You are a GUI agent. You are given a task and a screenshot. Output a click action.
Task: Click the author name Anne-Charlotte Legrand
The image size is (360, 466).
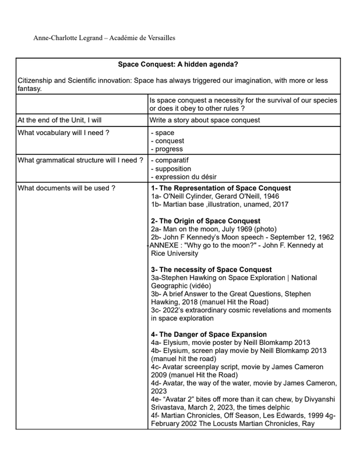(70, 38)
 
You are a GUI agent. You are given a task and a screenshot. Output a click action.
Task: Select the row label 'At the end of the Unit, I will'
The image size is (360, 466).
(60, 121)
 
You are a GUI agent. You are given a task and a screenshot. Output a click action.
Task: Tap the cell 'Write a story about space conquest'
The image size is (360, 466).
(205, 121)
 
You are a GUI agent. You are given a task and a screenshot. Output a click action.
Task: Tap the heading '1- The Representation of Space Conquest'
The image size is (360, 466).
(221, 188)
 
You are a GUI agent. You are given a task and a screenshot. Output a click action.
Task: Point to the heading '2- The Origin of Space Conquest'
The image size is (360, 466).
(206, 221)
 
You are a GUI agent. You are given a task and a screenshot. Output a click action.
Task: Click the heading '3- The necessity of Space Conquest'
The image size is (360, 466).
(211, 270)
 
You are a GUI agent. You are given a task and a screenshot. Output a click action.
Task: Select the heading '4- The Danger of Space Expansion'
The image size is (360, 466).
(209, 334)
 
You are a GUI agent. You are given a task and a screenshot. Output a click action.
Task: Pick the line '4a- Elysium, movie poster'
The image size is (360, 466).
(230, 343)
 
